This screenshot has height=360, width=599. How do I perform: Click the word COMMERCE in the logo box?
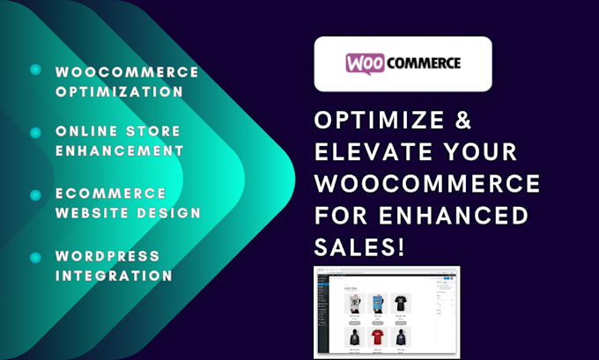point(425,63)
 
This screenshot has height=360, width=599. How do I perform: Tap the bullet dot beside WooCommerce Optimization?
point(35,70)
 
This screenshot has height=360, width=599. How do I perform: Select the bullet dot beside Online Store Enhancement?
point(35,132)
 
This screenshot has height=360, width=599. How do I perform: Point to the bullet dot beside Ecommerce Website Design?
point(35,194)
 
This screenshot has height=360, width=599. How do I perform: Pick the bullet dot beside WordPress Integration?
point(35,257)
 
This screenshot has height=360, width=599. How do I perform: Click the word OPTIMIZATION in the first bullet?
point(119,91)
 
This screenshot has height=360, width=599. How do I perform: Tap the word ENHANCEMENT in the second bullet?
point(119,151)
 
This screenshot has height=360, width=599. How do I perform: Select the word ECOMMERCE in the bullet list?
point(98,193)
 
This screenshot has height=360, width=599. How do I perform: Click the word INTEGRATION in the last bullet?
point(114,276)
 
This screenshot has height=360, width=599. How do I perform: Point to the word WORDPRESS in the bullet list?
point(107,256)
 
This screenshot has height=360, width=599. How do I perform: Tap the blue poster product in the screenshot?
point(377,302)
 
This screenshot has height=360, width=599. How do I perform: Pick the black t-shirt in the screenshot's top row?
point(402,302)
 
